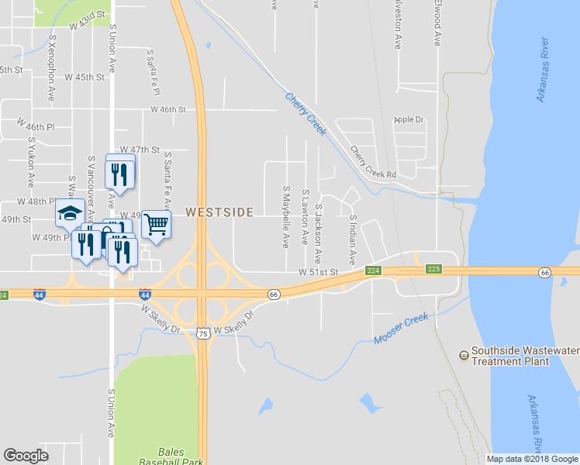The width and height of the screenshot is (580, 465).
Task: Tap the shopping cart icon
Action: [156, 225]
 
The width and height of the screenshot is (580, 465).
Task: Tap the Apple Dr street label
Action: [409, 119]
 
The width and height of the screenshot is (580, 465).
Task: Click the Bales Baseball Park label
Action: [180, 456]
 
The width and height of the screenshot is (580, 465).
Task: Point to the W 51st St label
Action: [319, 272]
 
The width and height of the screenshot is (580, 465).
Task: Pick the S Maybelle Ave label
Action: [285, 216]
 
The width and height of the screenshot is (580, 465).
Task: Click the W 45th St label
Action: [85, 77]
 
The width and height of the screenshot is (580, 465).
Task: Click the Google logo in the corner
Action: [26, 456]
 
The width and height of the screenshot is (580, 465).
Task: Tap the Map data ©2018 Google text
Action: [531, 459]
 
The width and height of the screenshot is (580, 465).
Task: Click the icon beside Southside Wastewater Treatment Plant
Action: [464, 355]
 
